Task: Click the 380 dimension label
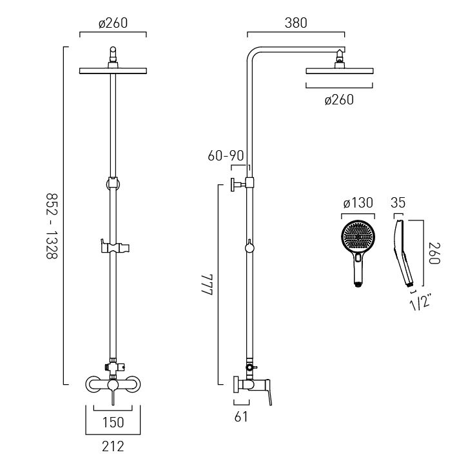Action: [x=296, y=23]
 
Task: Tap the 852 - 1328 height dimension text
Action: [x=52, y=226]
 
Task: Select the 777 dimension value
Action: [x=207, y=286]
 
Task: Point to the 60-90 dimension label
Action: [x=226, y=155]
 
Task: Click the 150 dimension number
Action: [x=113, y=422]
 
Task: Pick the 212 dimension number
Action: [x=113, y=447]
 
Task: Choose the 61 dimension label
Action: [x=241, y=417]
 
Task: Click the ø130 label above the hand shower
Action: [x=358, y=203]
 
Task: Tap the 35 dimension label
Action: [x=398, y=202]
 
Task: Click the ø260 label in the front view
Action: [x=113, y=23]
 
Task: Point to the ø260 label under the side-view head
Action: [x=339, y=100]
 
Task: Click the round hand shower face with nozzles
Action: [x=358, y=238]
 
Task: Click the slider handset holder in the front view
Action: [x=115, y=248]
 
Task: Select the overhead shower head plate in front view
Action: [x=113, y=71]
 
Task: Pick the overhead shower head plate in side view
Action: [x=340, y=71]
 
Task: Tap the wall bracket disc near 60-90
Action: [x=233, y=185]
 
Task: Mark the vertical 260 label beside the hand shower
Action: [x=434, y=253]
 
